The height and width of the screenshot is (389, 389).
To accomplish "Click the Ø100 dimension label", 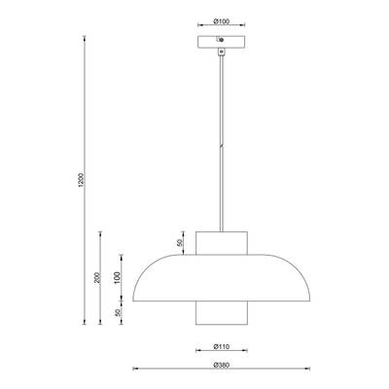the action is (x=222, y=21).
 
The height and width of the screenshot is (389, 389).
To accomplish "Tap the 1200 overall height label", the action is (x=82, y=180).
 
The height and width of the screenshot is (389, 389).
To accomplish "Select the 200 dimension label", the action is (x=97, y=278).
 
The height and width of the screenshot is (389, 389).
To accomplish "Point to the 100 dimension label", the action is (x=118, y=278).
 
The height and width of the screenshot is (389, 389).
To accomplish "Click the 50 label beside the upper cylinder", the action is (x=181, y=243).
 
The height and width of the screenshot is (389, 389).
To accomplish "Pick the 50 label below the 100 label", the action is (x=118, y=312).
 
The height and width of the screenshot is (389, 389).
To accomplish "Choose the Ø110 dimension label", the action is (x=222, y=346).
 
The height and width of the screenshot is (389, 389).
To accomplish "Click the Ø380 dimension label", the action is (x=222, y=365).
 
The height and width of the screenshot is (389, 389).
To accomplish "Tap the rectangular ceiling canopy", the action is (x=222, y=42).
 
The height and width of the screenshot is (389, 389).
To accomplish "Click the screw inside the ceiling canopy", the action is (x=221, y=40).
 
